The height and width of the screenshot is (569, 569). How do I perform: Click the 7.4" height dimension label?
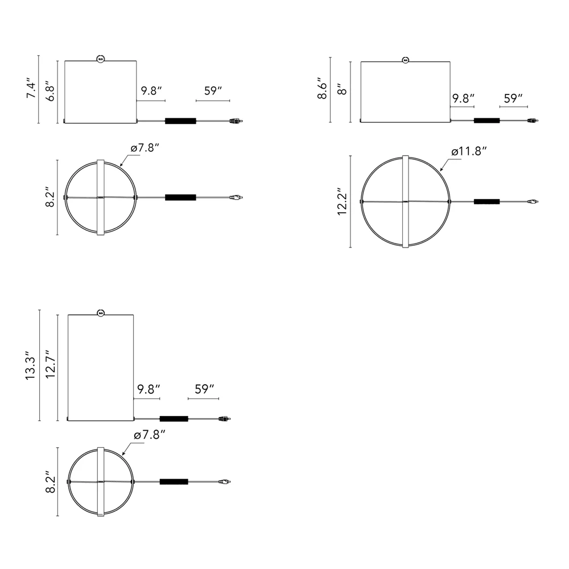(31, 88)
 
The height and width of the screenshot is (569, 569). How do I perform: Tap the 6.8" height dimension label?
(50, 93)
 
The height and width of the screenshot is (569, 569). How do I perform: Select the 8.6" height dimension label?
(322, 88)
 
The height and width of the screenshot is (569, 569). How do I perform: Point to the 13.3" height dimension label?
(31, 365)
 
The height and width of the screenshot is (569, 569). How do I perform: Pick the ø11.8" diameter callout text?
(469, 151)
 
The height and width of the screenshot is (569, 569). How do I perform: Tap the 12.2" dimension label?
(342, 201)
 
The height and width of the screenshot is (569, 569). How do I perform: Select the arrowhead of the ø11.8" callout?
(442, 169)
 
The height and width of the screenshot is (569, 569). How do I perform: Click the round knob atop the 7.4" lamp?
(101, 59)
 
